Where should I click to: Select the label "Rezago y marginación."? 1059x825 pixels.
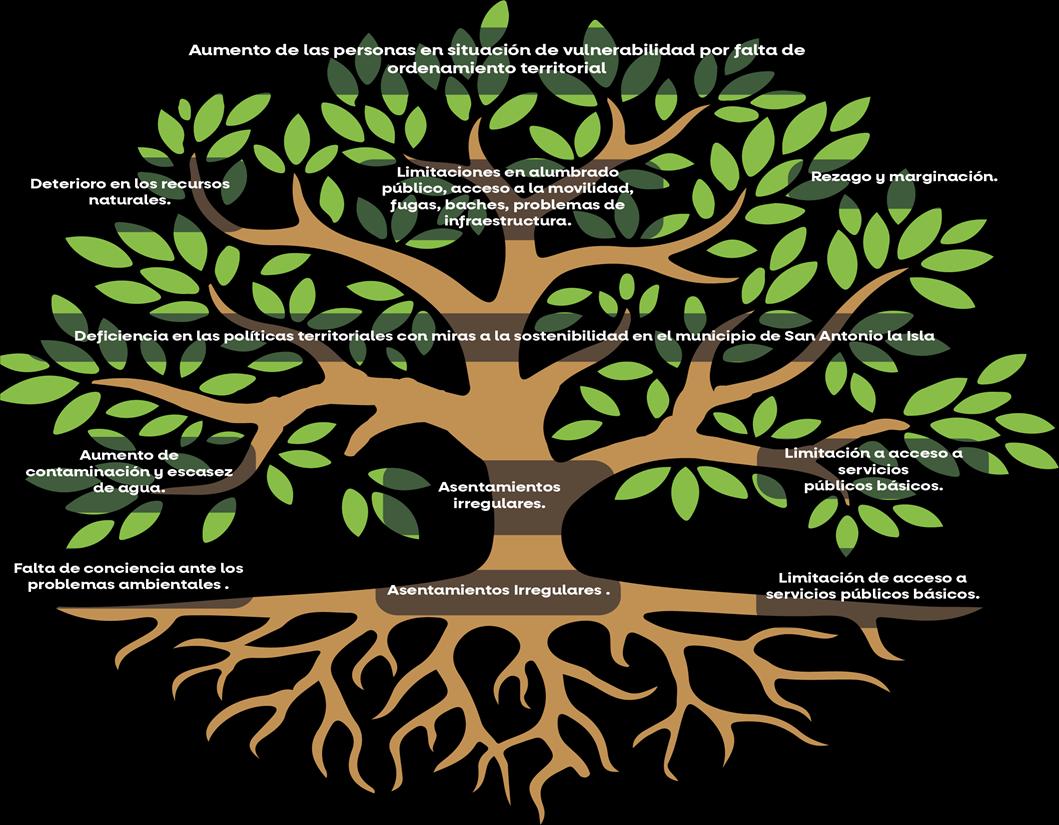point(904,177)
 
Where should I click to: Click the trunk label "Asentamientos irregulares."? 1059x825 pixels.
point(499,495)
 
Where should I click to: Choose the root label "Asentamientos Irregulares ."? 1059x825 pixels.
point(498,590)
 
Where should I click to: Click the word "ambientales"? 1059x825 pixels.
point(169,584)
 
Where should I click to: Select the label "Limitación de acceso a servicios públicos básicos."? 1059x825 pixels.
point(872,585)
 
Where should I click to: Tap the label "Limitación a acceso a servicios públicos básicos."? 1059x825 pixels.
point(873,469)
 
